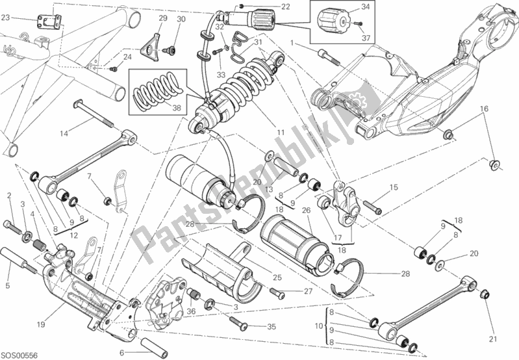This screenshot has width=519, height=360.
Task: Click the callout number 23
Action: tap(5, 19)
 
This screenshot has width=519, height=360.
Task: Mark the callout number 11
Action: tap(281, 133)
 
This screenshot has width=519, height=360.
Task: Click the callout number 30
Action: tap(181, 19)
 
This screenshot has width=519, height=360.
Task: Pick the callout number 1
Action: tap(293, 42)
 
